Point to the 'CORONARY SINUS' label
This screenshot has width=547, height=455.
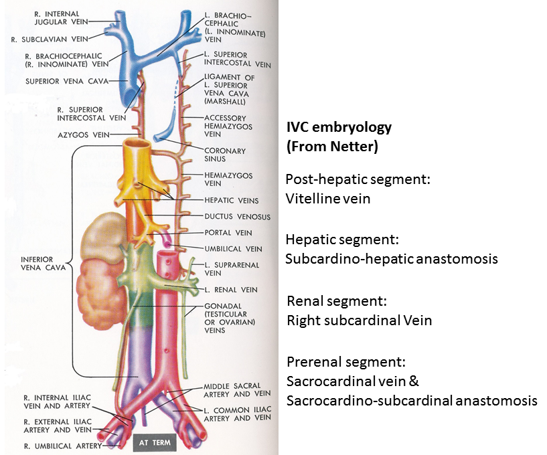click(225, 155)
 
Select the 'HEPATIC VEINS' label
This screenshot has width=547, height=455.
click(231, 200)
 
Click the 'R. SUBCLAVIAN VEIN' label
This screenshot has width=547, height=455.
click(47, 39)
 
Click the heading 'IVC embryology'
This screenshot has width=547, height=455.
click(338, 127)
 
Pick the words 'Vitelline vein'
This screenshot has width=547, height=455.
click(327, 199)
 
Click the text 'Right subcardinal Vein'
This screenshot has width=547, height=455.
click(359, 320)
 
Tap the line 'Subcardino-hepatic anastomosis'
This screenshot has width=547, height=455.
click(392, 258)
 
